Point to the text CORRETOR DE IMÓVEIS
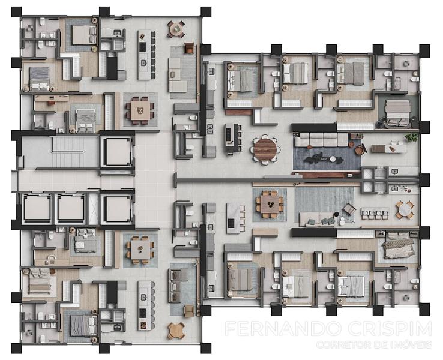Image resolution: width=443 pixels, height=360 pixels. click(374, 345)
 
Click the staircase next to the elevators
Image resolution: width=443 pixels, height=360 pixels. click(68, 152)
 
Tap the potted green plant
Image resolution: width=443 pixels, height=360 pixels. click(411, 137)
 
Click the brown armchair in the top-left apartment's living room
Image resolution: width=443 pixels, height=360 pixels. click(189, 48)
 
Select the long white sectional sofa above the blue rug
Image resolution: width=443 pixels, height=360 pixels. click(321, 140)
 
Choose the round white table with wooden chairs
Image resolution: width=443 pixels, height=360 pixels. click(405, 209)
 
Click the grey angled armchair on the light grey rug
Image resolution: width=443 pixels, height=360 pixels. click(349, 209)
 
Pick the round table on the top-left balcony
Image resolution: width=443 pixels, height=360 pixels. click(176, 29)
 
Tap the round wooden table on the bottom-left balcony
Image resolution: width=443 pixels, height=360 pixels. click(176, 331)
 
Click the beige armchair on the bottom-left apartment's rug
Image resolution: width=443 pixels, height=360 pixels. click(189, 311)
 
